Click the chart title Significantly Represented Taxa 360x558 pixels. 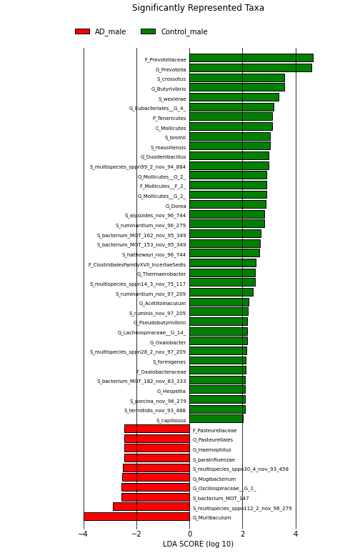(x=198, y=8)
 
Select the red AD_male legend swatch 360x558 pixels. (x=82, y=31)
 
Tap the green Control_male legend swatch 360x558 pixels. (x=149, y=31)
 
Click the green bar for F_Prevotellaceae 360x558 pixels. (x=251, y=58)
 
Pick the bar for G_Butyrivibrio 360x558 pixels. (x=237, y=88)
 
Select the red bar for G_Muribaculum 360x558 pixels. (x=136, y=517)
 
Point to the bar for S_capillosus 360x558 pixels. (x=216, y=419)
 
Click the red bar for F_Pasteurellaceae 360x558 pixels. (x=157, y=429)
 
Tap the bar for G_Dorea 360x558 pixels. (x=228, y=204)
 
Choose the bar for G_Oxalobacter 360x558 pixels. (x=219, y=342)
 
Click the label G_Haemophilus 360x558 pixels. (x=211, y=450)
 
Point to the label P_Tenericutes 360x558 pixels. (x=169, y=118)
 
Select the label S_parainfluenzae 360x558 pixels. (x=214, y=460)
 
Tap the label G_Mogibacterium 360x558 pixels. (x=214, y=479)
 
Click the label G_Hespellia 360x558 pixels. (x=171, y=391)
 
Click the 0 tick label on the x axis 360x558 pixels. (x=189, y=534)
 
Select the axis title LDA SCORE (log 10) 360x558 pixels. (x=198, y=544)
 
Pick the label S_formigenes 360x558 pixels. (x=169, y=362)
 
